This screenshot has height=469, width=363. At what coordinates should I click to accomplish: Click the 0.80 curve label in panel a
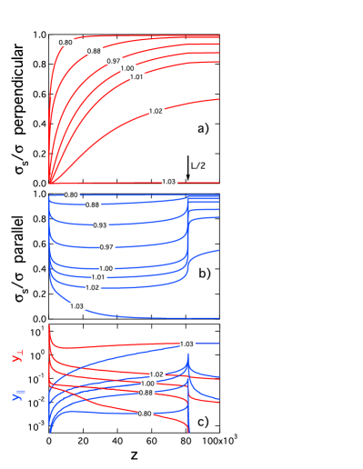[x=66, y=43]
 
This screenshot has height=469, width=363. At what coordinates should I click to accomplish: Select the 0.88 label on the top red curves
[x=95, y=51]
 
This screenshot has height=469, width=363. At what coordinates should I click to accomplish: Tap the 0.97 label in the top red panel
[x=114, y=61]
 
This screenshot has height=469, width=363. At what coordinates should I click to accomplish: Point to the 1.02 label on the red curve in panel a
[x=156, y=111]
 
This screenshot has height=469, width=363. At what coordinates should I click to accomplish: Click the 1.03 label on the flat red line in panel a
[x=169, y=182]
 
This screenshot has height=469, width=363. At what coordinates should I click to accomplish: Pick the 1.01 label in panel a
[x=137, y=77]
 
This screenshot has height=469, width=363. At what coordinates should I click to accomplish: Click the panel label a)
[x=204, y=128]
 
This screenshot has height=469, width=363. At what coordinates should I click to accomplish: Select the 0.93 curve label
[x=100, y=225]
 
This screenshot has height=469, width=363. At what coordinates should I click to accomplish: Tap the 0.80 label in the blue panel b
[x=71, y=195]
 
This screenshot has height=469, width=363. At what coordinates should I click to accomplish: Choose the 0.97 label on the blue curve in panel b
[x=107, y=247]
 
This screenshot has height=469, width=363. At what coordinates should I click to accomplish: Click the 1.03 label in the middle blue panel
[x=76, y=306]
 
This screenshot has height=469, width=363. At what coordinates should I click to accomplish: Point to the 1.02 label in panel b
[x=93, y=287]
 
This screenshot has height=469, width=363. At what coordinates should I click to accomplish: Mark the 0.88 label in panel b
[x=93, y=205]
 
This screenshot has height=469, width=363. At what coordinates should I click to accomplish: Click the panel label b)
[x=205, y=273]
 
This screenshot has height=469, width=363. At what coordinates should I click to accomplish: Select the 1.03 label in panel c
[x=187, y=344]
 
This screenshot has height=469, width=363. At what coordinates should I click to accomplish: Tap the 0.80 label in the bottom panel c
[x=146, y=414]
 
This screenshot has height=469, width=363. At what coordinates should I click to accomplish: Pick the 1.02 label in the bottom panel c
[x=156, y=374]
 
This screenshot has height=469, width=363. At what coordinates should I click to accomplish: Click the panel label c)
[x=203, y=421]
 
